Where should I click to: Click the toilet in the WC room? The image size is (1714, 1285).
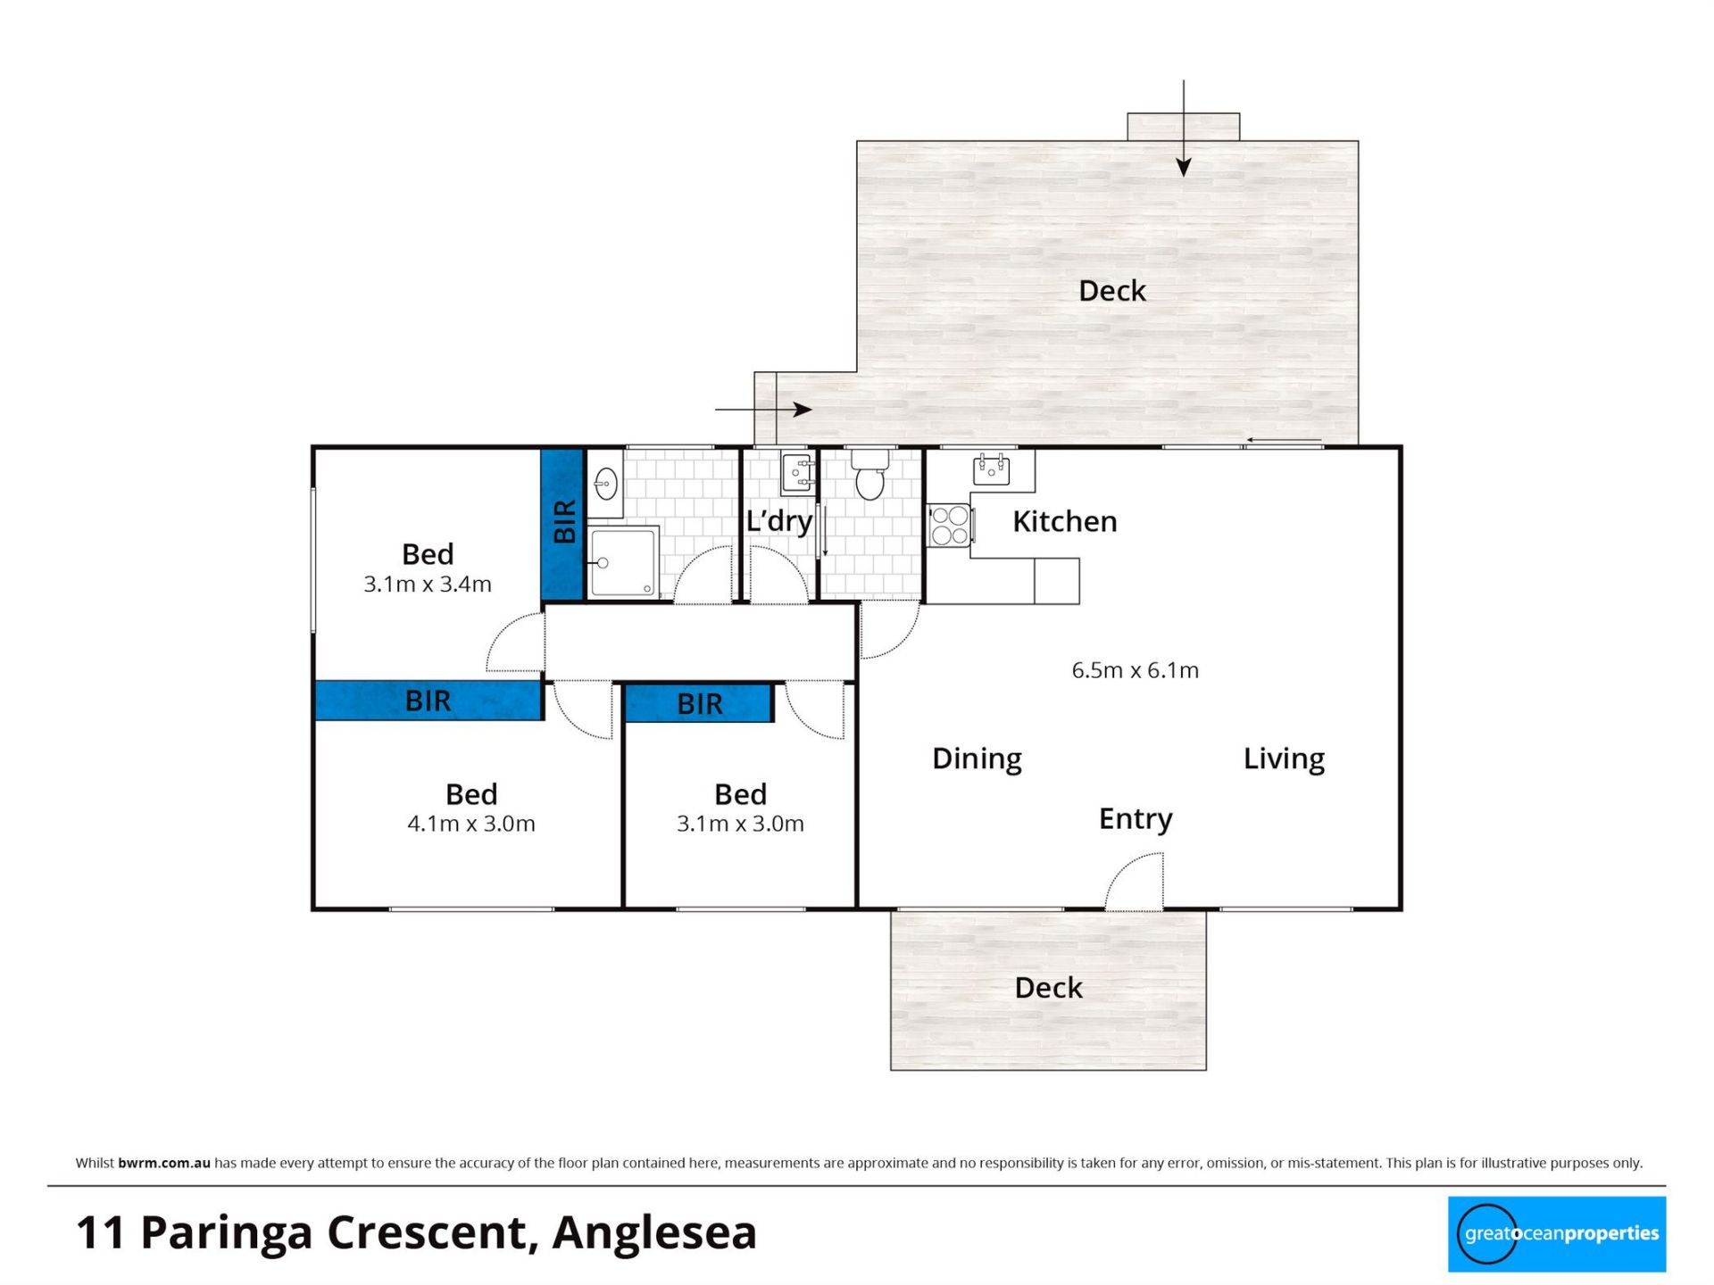(869, 475)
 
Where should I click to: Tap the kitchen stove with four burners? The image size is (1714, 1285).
(950, 525)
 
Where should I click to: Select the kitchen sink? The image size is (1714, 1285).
(991, 469)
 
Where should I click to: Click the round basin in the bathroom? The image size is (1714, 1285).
(606, 484)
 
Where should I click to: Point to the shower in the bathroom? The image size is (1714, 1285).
(623, 562)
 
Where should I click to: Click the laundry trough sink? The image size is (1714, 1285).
(797, 473)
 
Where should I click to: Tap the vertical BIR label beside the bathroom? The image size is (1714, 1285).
(564, 522)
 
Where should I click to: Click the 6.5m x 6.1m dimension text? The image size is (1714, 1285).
(1135, 670)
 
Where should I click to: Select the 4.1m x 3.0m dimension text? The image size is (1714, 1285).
(471, 824)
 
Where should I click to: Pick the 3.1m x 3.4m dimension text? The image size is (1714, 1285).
(428, 584)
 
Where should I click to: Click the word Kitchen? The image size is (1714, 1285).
(1064, 521)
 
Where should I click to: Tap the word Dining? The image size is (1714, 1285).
(977, 759)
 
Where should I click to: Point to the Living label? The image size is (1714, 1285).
(1284, 759)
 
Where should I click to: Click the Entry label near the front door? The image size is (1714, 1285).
(1136, 819)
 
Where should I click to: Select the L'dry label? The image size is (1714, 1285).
(779, 521)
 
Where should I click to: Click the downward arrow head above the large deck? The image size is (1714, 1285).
(1184, 167)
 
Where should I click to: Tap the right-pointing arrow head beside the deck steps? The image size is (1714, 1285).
(803, 410)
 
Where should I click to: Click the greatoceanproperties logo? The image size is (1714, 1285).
(1557, 1234)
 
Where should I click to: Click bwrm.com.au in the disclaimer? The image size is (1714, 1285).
(164, 1163)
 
